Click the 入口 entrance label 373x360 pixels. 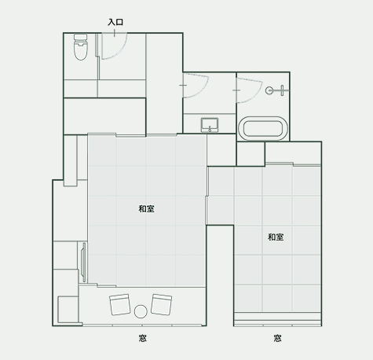coord(115,22)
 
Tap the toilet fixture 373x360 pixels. coord(80,47)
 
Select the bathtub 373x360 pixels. coord(263,129)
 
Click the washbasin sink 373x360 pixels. coord(210,125)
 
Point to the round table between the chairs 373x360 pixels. coord(141,311)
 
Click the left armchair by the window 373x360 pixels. coord(120,304)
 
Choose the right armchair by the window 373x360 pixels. coord(162,304)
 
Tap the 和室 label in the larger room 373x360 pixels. coord(147,209)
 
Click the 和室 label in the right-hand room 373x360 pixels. coord(276,237)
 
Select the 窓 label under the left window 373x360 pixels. coord(143,338)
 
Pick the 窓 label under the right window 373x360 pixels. coord(277,338)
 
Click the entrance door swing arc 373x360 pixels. coord(121,52)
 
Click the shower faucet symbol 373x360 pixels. coord(282,90)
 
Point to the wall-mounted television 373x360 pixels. coord(83,263)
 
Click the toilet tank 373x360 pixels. coord(80,37)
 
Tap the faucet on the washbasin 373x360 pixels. coord(210,129)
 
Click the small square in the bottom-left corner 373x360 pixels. coord(68,310)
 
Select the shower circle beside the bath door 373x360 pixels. coord(269,90)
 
